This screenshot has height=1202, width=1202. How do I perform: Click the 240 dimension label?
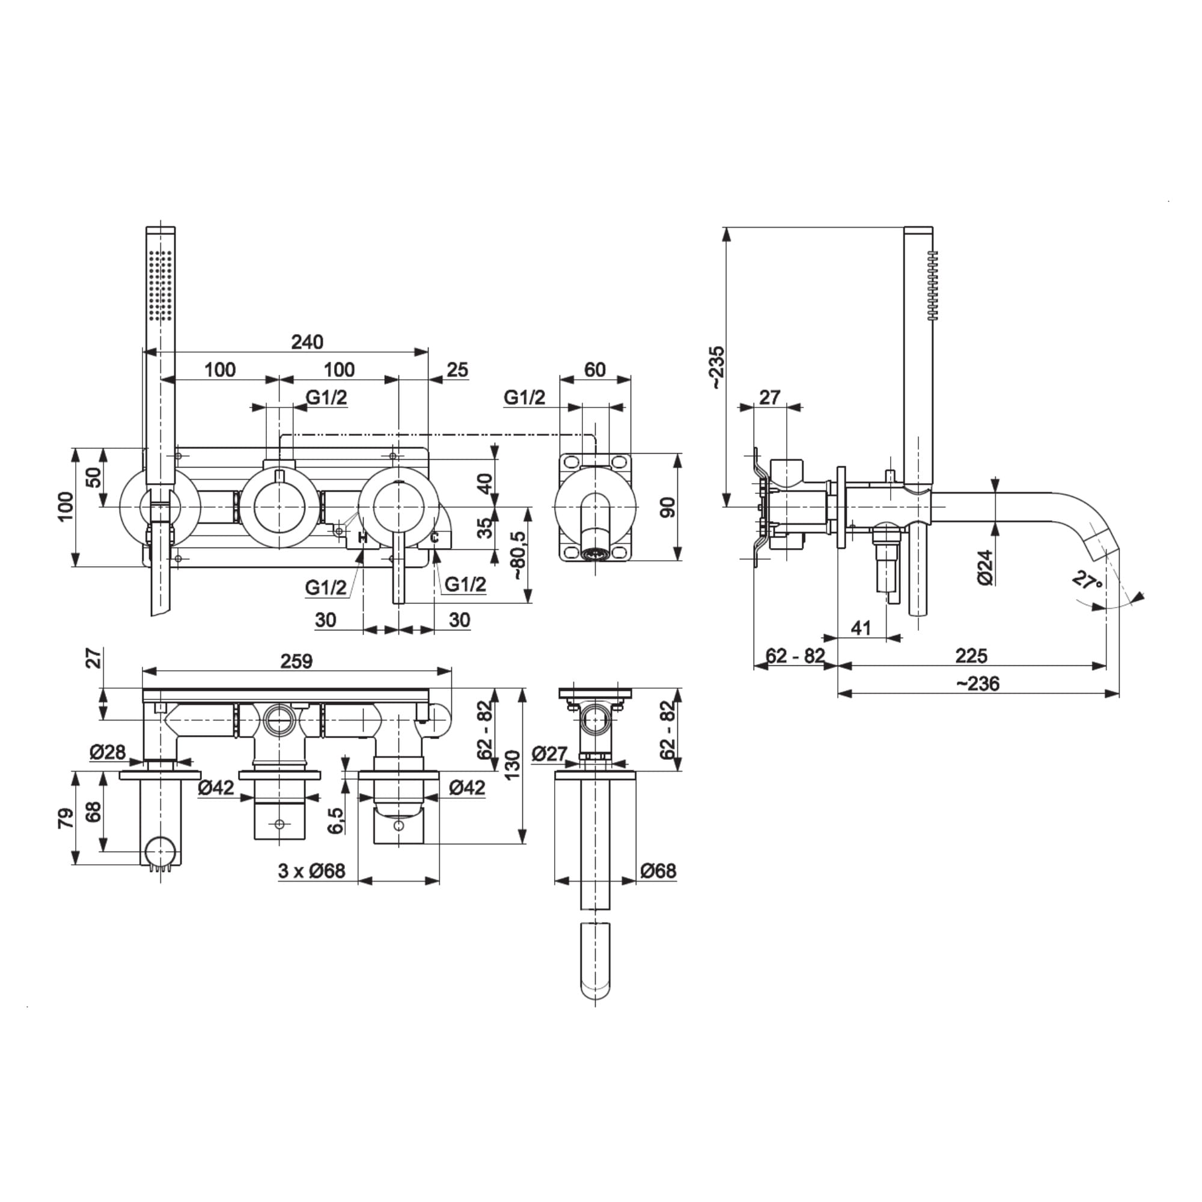(307, 341)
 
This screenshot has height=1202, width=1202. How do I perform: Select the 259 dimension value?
(296, 660)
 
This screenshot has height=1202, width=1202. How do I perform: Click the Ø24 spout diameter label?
(985, 567)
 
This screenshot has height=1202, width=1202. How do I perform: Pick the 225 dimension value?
(971, 656)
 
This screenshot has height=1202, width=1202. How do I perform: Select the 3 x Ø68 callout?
(311, 871)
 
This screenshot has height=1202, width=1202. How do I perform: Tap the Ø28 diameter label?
(108, 752)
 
